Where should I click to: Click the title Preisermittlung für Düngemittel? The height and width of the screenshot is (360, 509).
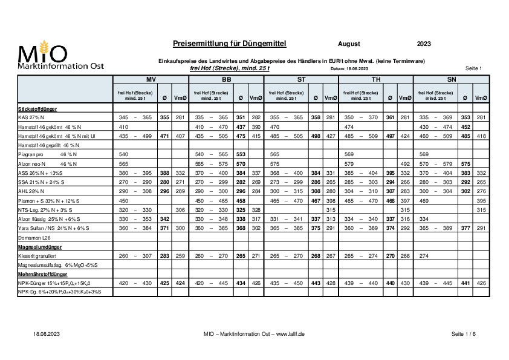click(x=230, y=44)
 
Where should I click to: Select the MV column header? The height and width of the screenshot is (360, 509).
click(x=151, y=79)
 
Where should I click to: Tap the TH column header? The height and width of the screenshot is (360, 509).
click(x=376, y=79)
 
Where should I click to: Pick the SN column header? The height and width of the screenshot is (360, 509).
click(x=452, y=79)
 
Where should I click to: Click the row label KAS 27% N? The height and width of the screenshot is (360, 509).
click(x=31, y=117)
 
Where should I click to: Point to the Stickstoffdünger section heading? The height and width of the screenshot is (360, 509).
click(x=37, y=109)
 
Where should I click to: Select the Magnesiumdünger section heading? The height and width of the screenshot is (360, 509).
click(x=40, y=247)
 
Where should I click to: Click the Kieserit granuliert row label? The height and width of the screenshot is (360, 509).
click(x=37, y=256)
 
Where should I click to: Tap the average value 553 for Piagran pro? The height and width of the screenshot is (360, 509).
click(x=241, y=154)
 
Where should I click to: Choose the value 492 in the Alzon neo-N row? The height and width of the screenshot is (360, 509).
click(x=405, y=164)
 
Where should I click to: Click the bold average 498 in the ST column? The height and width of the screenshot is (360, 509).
click(x=316, y=136)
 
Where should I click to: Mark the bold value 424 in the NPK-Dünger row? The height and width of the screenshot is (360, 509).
click(x=180, y=283)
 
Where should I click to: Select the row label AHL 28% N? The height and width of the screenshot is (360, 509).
click(x=31, y=191)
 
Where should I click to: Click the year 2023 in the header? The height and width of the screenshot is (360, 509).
click(x=424, y=44)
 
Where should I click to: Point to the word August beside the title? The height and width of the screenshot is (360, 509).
click(x=349, y=44)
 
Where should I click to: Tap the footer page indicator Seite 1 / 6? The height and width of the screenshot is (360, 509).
click(x=464, y=334)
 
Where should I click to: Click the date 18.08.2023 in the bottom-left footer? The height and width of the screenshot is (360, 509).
click(x=47, y=334)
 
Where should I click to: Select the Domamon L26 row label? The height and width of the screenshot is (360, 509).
click(x=34, y=238)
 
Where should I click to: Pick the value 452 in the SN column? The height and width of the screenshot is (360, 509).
click(x=466, y=127)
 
